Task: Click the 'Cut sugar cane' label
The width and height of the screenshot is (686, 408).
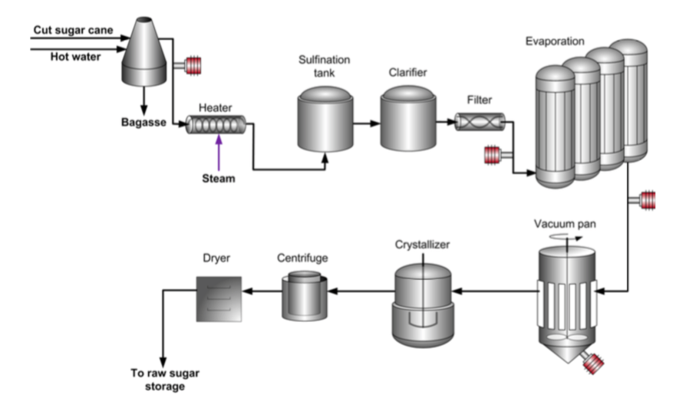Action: (x=73, y=31)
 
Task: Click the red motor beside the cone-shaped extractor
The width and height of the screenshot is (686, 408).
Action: (x=188, y=67)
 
